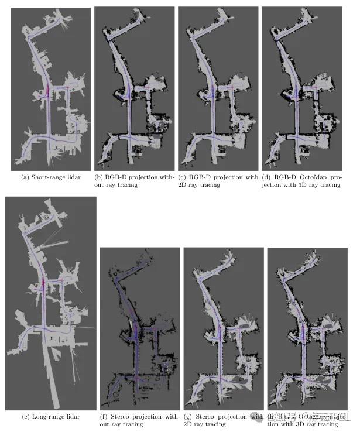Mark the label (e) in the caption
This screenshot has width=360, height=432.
tap(25, 416)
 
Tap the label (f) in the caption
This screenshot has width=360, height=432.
tap(104, 416)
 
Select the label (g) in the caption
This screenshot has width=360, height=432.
tap(188, 416)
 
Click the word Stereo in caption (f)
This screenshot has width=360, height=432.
tap(122, 416)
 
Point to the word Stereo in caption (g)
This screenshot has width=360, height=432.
tap(206, 416)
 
